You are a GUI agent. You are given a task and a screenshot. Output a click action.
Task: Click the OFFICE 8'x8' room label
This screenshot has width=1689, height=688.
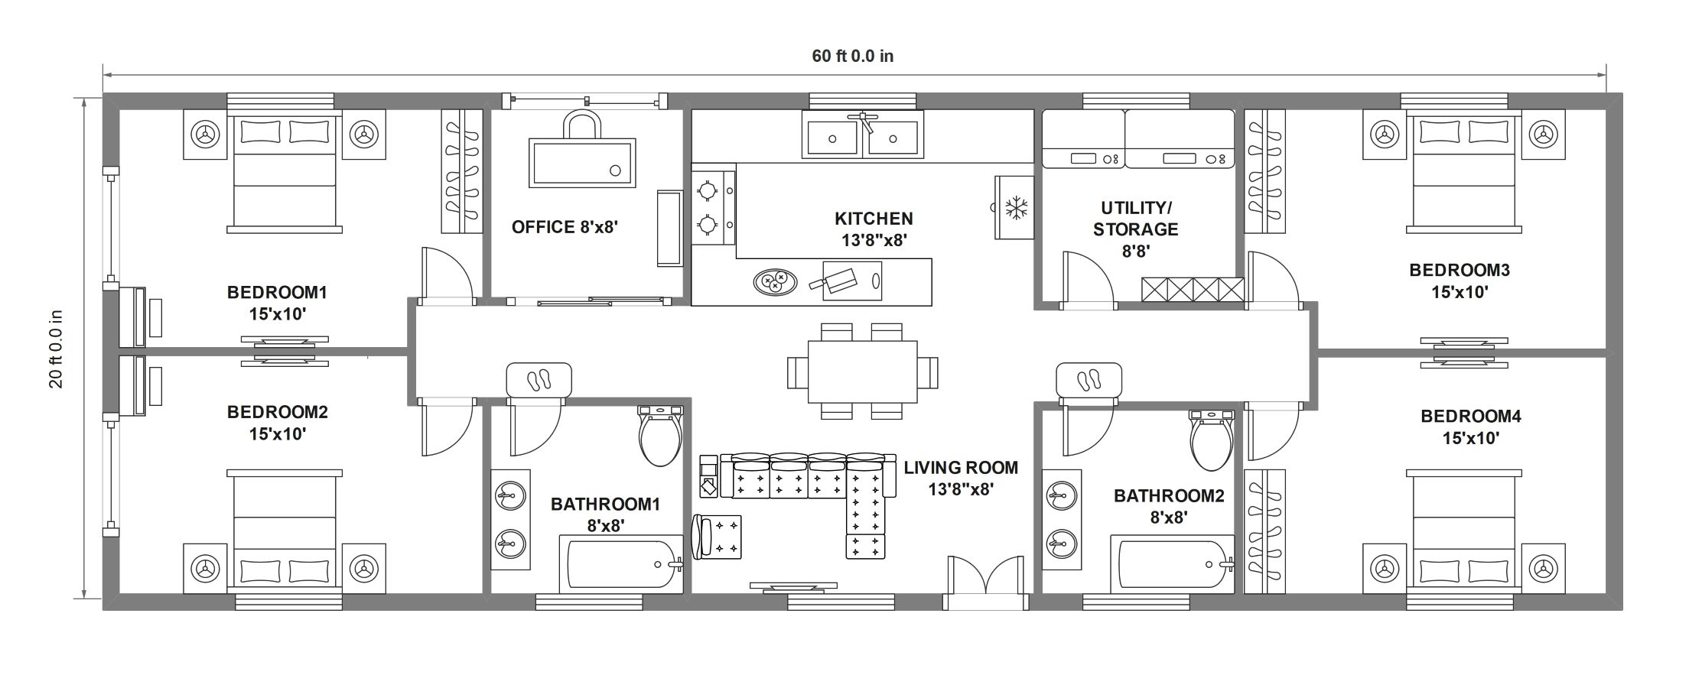[x=565, y=227]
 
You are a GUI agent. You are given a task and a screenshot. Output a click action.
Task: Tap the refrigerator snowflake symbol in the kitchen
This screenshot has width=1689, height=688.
[x=1016, y=207]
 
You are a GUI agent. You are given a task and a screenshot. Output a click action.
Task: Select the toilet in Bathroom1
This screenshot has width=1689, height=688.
[x=660, y=436]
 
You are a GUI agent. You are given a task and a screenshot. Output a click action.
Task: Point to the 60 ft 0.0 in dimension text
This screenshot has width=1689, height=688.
[x=853, y=56]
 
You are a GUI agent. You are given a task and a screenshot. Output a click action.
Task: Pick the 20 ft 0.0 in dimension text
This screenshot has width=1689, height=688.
[x=56, y=349]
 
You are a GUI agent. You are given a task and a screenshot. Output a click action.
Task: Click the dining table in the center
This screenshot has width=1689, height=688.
[x=863, y=372]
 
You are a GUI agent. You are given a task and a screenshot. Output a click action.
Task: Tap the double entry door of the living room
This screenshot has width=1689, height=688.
[x=985, y=583]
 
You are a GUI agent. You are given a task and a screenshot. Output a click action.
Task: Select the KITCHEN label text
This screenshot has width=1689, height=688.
[x=874, y=219]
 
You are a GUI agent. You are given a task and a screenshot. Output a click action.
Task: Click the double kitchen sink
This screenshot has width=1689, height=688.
[x=862, y=135]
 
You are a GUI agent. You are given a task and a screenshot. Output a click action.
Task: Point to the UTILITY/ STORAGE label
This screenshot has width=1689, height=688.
[x=1135, y=219]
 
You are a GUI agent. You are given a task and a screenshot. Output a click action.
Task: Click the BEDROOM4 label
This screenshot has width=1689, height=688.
[x=1471, y=417]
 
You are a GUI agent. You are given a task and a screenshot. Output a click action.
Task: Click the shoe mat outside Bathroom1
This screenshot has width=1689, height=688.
[x=539, y=380]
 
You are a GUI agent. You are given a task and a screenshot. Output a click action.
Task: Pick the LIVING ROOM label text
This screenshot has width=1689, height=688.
[x=961, y=467]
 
